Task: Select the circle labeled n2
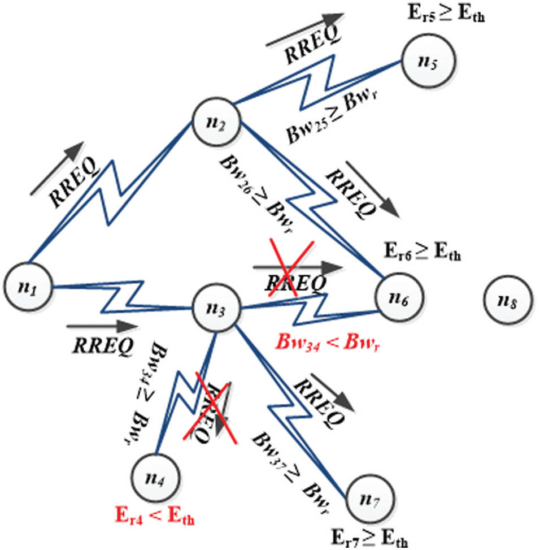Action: pyautogui.click(x=217, y=123)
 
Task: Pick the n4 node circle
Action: pyautogui.click(x=155, y=477)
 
